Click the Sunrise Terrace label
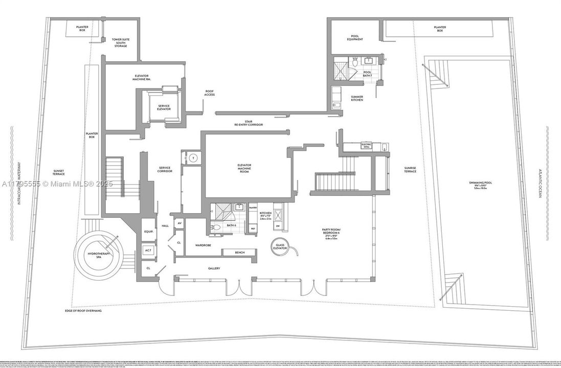(410, 169)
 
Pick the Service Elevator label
(164, 108)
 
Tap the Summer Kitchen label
(356, 98)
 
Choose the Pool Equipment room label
(354, 37)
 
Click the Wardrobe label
(203, 245)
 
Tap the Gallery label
(214, 268)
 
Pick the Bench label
(240, 252)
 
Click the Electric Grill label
(366, 146)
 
